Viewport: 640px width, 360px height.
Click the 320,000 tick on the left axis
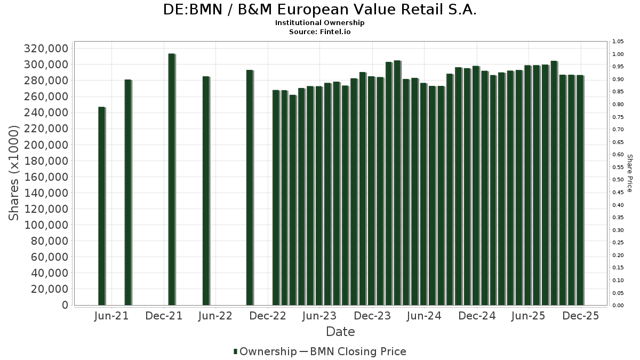coord(46,49)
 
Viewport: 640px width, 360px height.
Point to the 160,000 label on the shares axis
coord(46,177)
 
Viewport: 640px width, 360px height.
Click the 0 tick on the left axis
coord(65,305)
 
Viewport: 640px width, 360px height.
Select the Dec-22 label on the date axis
coord(268,316)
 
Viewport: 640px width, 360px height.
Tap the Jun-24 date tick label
coord(423,316)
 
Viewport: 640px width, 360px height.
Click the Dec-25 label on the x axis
coord(581,316)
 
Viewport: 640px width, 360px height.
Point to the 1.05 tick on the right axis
coord(618,42)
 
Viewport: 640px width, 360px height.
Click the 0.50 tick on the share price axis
coord(618,180)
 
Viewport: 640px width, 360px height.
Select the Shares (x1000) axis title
coord(14,172)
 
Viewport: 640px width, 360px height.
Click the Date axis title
coord(340,332)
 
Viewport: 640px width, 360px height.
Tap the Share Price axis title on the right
coord(629,173)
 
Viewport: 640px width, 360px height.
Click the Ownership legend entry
coord(265,351)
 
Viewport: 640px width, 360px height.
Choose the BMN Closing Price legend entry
coord(358,351)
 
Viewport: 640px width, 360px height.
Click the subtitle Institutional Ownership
coord(320,23)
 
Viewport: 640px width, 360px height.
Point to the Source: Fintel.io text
coord(320,31)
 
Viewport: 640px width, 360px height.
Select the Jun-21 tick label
coord(111,316)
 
